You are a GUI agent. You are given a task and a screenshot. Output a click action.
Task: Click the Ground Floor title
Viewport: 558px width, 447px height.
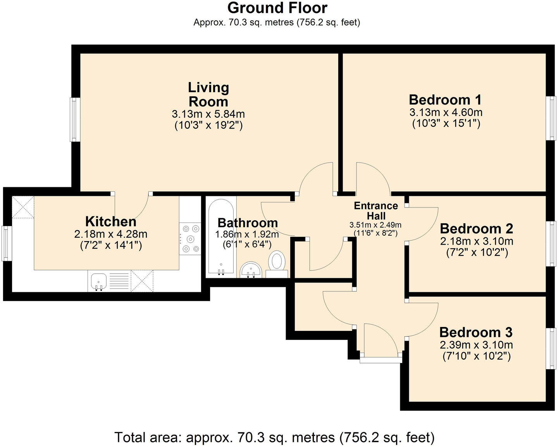277,8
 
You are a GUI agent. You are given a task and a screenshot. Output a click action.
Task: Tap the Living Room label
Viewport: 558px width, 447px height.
208,94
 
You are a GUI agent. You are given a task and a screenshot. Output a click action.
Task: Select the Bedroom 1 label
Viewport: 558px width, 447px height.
445,100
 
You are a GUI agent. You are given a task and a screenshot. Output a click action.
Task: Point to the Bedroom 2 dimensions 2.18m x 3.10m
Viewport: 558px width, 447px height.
476,241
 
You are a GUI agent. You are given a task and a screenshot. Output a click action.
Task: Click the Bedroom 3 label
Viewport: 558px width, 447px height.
476,332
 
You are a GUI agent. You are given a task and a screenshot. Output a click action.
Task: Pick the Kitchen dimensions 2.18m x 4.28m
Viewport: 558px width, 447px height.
111,234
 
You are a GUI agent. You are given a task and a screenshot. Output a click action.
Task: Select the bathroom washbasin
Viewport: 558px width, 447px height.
251,270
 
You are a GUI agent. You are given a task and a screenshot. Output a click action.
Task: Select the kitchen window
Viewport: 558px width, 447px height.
5,243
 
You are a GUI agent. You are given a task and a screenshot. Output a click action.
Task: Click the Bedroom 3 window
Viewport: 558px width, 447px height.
551,349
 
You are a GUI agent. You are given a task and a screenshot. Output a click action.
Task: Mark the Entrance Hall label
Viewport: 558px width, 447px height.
376,211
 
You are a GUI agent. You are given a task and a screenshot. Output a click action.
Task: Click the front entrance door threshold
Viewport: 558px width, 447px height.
381,360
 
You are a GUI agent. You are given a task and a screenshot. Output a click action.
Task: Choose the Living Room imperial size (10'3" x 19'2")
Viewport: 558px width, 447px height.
208,125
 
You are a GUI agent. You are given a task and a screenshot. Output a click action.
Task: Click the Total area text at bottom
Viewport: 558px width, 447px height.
274,437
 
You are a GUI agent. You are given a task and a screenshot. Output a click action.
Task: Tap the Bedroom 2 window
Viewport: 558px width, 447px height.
551,243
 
